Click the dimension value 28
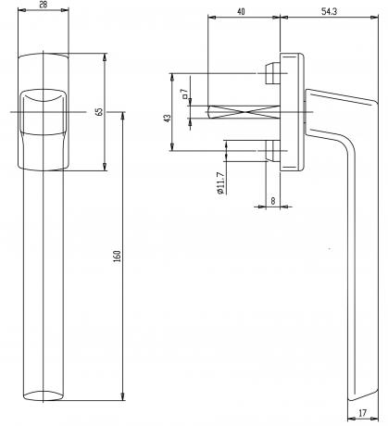point(44,5)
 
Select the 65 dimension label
point(99,112)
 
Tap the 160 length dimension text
point(117,257)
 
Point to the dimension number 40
point(241,12)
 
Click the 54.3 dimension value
point(329,12)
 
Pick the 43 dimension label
point(167,118)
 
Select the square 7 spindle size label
point(184,94)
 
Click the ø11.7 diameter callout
point(220,182)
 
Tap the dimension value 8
point(273,201)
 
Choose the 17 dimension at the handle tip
point(363,412)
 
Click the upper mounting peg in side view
point(272,74)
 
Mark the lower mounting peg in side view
point(272,151)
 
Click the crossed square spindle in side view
point(244,112)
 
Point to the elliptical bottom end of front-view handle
point(44,395)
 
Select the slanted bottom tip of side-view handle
point(363,395)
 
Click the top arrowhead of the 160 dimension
point(123,116)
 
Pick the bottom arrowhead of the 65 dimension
point(105,167)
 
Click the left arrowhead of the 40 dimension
point(212,18)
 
